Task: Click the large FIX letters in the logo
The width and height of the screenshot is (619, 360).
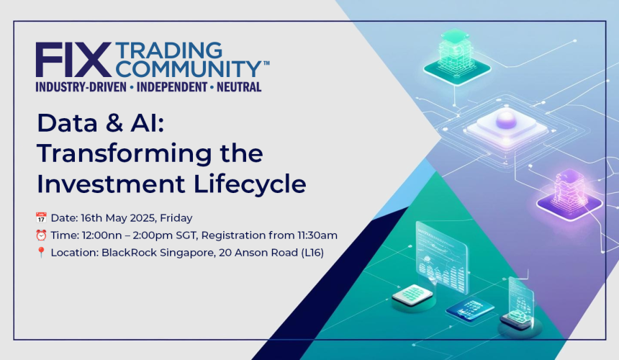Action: [73, 60]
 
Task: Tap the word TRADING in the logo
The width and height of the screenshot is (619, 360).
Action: [168, 51]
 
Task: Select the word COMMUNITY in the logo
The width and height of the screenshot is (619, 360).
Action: [188, 69]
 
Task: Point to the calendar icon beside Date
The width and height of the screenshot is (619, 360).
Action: [41, 217]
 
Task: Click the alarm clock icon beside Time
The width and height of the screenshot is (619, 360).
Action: [41, 235]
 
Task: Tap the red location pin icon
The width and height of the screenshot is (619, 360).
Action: [41, 253]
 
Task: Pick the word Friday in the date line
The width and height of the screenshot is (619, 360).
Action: [176, 217]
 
